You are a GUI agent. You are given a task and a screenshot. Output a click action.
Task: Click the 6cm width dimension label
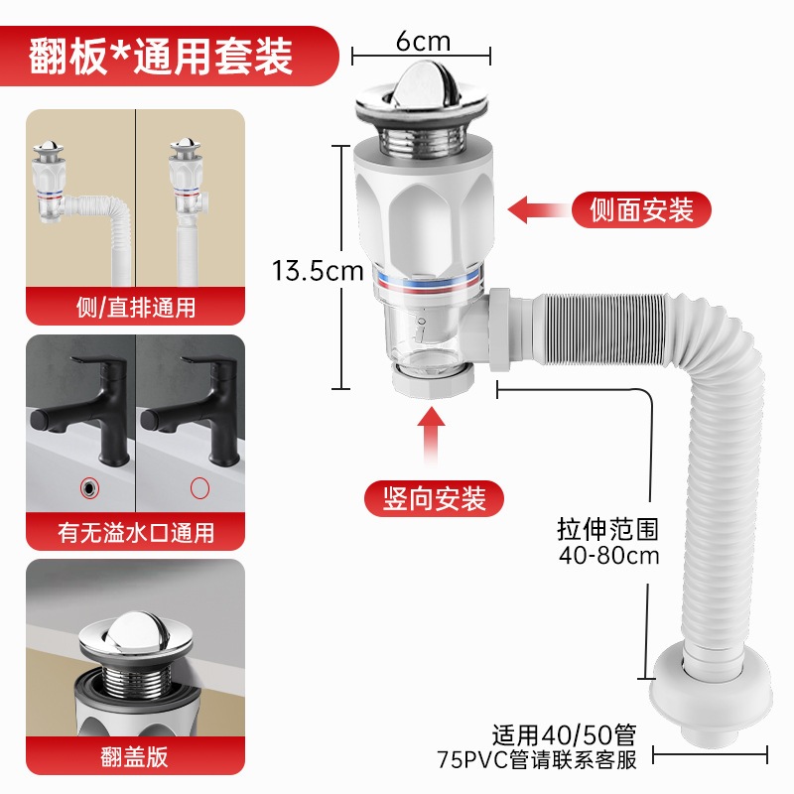click(x=423, y=41)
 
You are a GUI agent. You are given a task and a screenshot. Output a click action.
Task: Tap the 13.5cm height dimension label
click(x=318, y=270)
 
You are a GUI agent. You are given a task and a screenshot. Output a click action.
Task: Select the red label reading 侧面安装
click(x=641, y=209)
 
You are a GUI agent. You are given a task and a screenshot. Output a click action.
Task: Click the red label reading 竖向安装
click(x=434, y=498)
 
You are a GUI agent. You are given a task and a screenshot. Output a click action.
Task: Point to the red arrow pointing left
click(x=537, y=209)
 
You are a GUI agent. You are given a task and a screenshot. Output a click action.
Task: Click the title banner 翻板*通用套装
click(x=161, y=56)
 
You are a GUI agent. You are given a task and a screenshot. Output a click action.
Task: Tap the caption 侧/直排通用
click(x=136, y=308)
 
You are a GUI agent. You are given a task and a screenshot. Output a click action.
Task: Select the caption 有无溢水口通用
click(x=136, y=533)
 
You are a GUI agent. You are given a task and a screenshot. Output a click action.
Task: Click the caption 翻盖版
click(x=134, y=757)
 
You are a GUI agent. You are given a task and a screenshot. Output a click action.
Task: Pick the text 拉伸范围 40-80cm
click(x=608, y=542)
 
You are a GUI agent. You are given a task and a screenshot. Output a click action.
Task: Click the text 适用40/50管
click(x=564, y=734)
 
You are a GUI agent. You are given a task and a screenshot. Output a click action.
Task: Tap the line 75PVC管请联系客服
click(x=537, y=759)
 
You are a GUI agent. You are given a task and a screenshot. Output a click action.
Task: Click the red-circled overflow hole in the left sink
click(x=89, y=487)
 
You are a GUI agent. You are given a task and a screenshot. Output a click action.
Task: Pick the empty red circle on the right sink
click(x=199, y=488)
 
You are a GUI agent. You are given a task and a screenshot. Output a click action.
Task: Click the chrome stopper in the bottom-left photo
click(x=136, y=639)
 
